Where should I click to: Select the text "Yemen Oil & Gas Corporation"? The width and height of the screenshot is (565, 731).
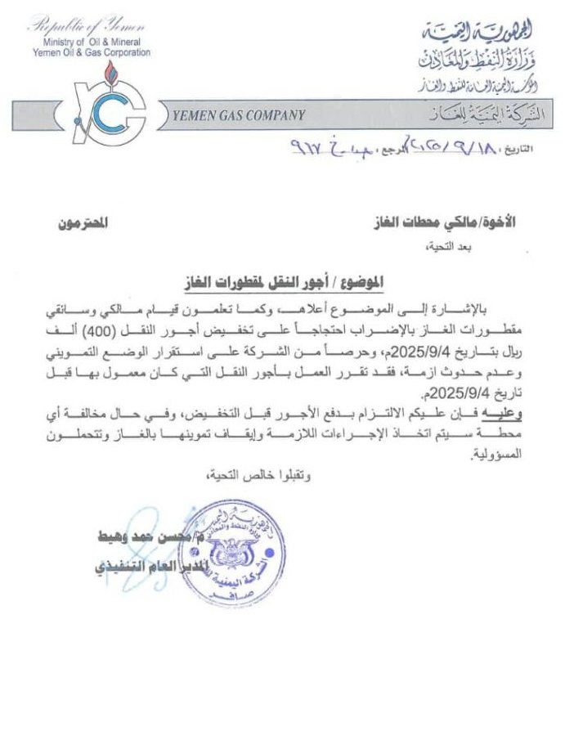tap(91, 52)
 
